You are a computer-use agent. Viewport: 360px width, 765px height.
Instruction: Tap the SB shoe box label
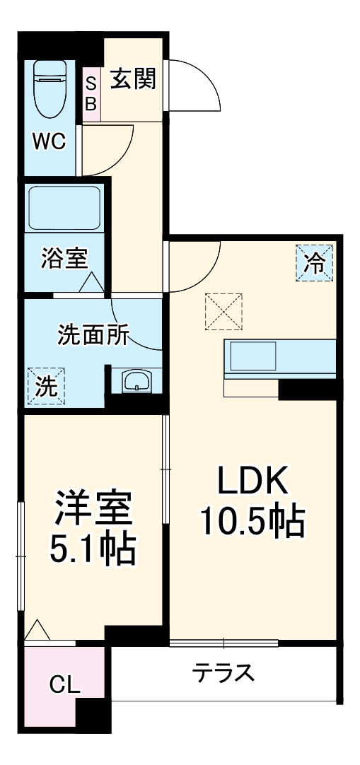pyautogui.click(x=91, y=93)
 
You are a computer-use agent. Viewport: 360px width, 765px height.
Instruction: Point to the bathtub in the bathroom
pyautogui.click(x=64, y=209)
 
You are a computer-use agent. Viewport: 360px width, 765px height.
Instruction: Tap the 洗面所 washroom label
pyautogui.click(x=93, y=334)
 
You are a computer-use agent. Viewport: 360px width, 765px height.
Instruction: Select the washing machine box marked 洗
pyautogui.click(x=45, y=385)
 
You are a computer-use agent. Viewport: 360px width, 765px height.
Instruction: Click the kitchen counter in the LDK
pyautogui.click(x=280, y=358)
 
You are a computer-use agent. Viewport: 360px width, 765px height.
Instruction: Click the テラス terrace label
pyautogui.click(x=223, y=672)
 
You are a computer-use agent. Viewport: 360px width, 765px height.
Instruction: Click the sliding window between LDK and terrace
pyautogui.click(x=224, y=643)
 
